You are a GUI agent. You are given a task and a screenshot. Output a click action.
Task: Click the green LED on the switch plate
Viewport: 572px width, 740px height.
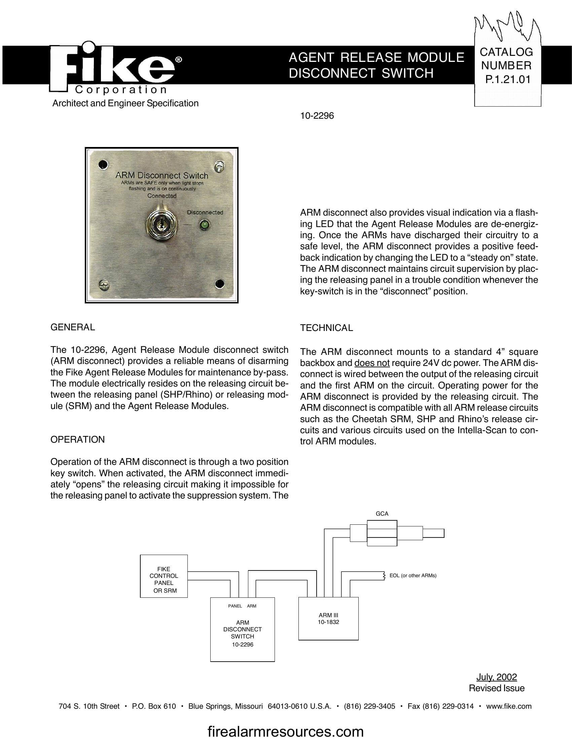point(204,224)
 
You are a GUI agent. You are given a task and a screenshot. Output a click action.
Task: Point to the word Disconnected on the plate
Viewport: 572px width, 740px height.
point(205,213)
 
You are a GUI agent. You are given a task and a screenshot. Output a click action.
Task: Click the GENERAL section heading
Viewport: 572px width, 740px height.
point(73,327)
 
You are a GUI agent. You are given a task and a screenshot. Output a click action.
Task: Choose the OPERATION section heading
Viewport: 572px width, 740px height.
point(78,440)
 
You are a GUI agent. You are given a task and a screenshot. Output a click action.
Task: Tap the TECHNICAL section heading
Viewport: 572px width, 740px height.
point(326,328)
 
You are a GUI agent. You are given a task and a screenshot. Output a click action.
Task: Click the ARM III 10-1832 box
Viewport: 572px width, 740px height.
point(328,618)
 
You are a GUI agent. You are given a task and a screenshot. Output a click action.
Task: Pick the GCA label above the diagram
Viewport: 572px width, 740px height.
point(382,514)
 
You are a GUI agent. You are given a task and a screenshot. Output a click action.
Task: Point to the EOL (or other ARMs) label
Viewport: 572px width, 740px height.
point(413,575)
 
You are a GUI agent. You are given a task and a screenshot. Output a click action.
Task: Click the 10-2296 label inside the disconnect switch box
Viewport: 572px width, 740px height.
point(242,644)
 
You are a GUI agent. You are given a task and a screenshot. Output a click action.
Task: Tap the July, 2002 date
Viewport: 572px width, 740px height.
point(496,677)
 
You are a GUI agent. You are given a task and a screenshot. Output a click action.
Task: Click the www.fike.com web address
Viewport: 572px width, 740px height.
point(509,706)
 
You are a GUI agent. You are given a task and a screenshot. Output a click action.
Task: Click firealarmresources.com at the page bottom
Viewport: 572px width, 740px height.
point(285,731)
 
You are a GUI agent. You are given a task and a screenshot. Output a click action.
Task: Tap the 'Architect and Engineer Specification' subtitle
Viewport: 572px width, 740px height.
point(126,103)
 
